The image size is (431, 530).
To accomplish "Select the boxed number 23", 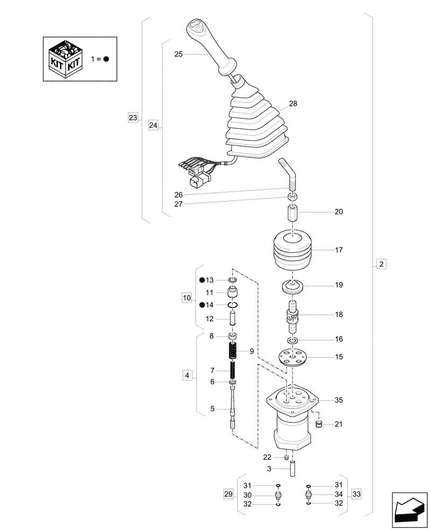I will click(133, 117).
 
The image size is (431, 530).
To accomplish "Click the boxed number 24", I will click(153, 126).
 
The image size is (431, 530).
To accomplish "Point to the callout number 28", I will click(293, 103).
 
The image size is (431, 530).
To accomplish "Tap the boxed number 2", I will click(382, 263).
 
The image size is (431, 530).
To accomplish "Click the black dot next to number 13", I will click(202, 280).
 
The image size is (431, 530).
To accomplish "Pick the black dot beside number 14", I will click(202, 305).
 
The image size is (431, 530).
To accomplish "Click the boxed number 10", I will click(186, 298).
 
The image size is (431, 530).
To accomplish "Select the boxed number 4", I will click(186, 376).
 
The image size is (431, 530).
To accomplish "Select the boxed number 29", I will click(229, 494).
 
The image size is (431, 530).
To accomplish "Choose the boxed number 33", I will click(356, 494).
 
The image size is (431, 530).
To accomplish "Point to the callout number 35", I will click(339, 400).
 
